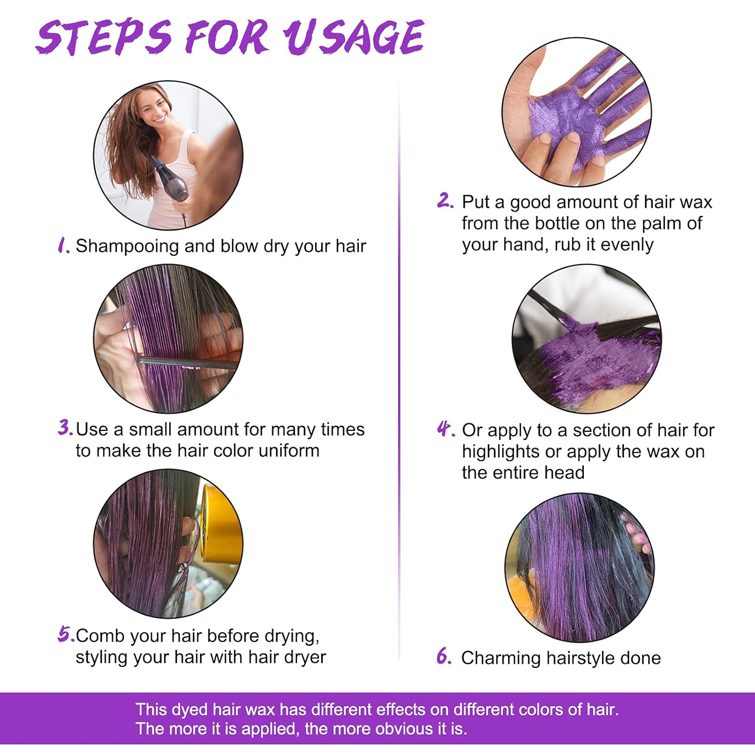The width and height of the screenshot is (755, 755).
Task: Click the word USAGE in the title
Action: pos(353,36)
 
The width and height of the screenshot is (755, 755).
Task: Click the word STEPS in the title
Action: pos(104,36)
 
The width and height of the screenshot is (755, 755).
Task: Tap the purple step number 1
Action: pos(63,246)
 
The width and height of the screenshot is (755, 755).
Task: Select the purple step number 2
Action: pos(445,201)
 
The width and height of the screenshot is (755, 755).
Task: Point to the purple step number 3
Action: pos(65,428)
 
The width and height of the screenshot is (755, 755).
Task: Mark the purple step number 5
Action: pos(66,634)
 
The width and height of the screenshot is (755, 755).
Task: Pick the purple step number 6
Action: pos(444,656)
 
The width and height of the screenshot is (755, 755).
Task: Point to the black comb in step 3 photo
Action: pos(188,363)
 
